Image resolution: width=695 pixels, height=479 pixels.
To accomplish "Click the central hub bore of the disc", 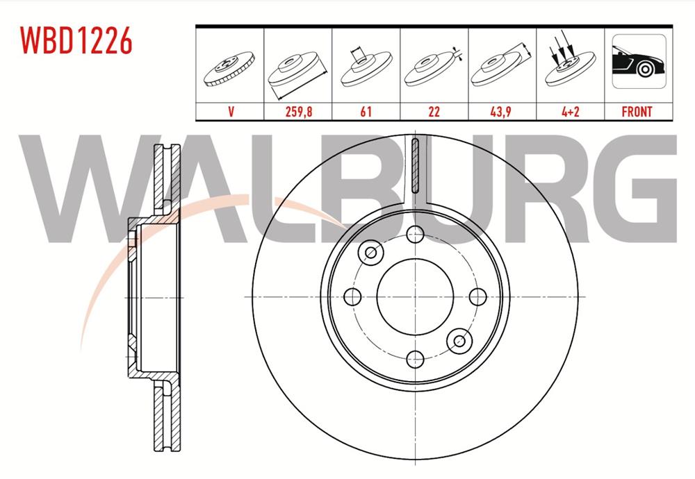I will pyautogui.click(x=414, y=296).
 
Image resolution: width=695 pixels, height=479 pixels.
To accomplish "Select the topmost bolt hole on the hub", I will pyautogui.click(x=415, y=234).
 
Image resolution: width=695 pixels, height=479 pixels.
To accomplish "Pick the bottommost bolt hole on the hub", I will pyautogui.click(x=415, y=359).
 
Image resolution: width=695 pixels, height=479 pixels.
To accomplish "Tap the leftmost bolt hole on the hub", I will pyautogui.click(x=352, y=297).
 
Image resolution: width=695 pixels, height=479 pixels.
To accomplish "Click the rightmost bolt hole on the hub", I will pyautogui.click(x=477, y=296).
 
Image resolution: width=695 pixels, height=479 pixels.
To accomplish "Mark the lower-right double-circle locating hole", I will pyautogui.click(x=459, y=340).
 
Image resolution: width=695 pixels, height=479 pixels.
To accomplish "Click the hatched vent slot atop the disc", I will pyautogui.click(x=416, y=165).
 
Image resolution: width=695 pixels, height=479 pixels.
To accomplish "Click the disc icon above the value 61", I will pyautogui.click(x=366, y=67).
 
